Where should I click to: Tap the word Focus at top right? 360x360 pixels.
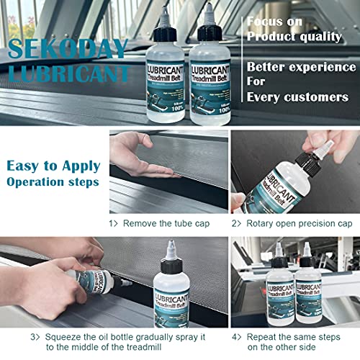(267, 22)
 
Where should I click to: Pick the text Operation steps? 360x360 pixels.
(53, 182)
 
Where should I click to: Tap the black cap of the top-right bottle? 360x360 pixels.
(207, 22)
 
